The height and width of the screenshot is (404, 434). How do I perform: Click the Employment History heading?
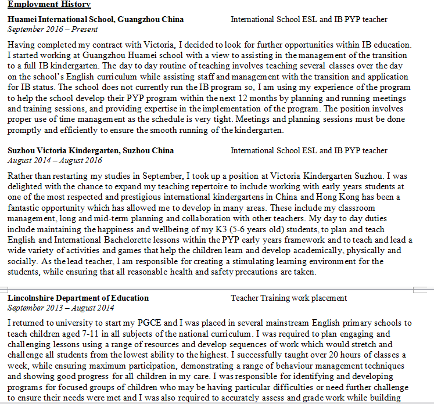tap(49, 5)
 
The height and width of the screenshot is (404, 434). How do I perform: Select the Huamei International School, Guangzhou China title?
tap(96, 19)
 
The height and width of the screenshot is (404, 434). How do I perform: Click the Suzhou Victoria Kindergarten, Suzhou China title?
tap(91, 150)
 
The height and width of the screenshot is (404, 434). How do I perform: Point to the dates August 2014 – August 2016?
tap(55, 160)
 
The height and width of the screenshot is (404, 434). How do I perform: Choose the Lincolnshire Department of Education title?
tap(78, 298)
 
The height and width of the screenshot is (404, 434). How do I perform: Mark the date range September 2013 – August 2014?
tap(61, 308)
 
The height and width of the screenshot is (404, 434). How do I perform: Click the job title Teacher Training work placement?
tap(289, 298)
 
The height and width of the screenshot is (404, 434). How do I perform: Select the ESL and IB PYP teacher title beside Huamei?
tap(309, 19)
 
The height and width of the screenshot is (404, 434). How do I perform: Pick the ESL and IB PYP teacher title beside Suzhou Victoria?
tap(309, 150)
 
